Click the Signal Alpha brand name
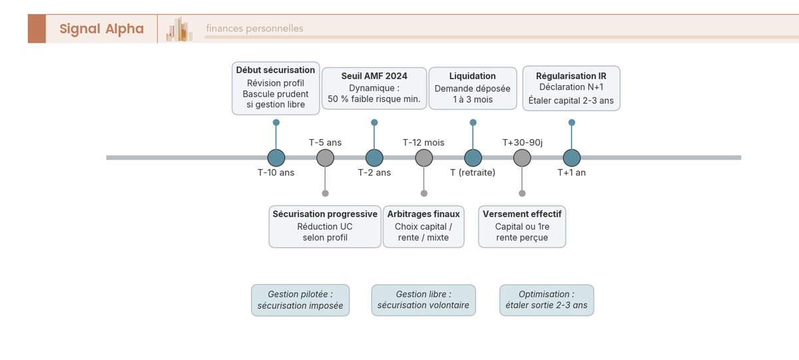tap(102, 29)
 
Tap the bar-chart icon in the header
tap(179, 29)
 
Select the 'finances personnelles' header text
tap(254, 29)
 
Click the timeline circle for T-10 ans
tap(276, 158)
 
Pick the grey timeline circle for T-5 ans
tap(326, 158)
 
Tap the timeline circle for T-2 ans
tap(374, 158)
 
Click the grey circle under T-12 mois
tap(423, 158)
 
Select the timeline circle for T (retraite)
tap(473, 158)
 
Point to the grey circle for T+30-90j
tap(522, 158)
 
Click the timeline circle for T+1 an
tap(572, 158)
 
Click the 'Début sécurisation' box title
tap(276, 71)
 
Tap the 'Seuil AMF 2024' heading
tap(374, 76)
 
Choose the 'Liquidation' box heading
tap(473, 76)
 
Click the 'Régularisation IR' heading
tap(571, 76)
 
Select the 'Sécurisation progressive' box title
tap(325, 214)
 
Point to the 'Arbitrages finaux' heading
tap(423, 214)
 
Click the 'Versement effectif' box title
tap(522, 214)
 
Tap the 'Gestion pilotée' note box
tap(300, 300)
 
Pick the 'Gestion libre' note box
tap(423, 300)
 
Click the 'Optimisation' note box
tap(547, 300)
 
